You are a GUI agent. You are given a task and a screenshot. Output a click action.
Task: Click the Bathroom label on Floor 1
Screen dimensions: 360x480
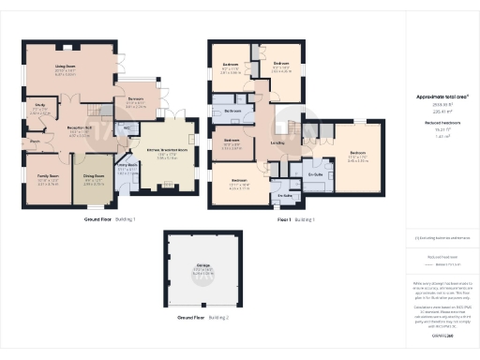[x=234, y=111]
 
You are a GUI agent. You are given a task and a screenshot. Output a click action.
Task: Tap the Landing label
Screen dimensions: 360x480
[x=278, y=142]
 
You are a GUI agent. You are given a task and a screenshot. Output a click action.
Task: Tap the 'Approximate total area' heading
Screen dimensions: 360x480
[x=442, y=97]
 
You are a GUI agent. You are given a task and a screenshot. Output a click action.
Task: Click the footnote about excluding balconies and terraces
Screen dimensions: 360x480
[x=442, y=239]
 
